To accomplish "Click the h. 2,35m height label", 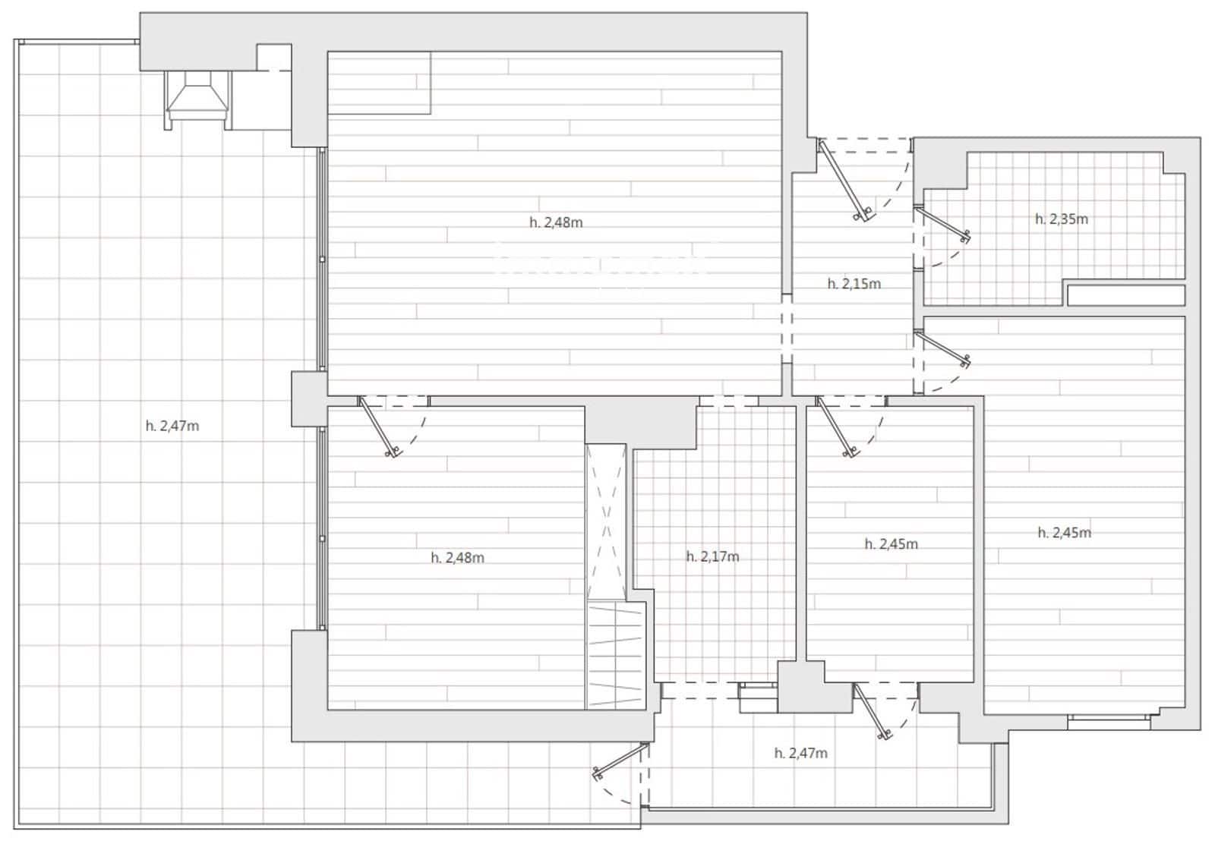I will pyautogui.click(x=1061, y=219).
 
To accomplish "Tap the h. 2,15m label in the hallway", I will pyautogui.click(x=854, y=284).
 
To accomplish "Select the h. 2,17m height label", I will pyautogui.click(x=712, y=556).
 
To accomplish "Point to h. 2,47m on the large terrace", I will pyautogui.click(x=172, y=426).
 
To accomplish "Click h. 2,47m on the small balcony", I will pyautogui.click(x=800, y=753).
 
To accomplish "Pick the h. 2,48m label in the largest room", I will pyautogui.click(x=556, y=222).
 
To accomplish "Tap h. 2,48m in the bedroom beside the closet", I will pyautogui.click(x=457, y=557).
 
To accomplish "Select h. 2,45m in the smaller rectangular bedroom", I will pyautogui.click(x=891, y=543).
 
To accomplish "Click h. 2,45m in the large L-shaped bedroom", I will pyautogui.click(x=1064, y=533).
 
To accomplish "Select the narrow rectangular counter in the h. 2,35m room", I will pyautogui.click(x=1125, y=294).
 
